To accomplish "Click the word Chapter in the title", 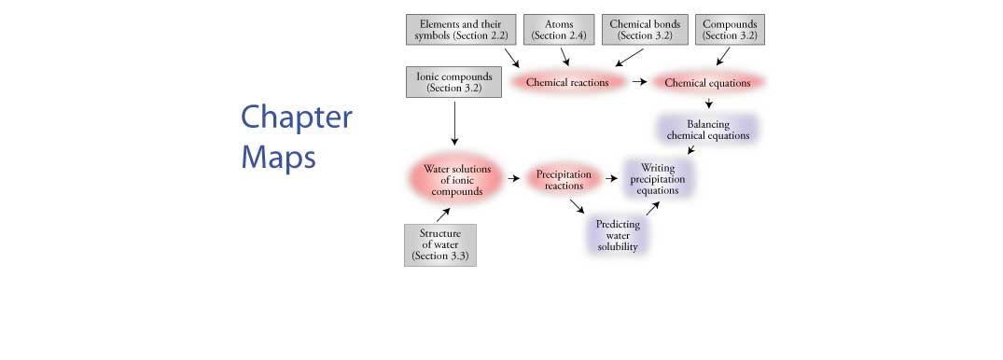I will [x=297, y=119].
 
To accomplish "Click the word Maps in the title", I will [x=279, y=157].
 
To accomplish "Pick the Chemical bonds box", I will [x=646, y=29].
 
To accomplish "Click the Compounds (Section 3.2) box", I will [x=730, y=29].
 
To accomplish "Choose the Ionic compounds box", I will [x=453, y=82].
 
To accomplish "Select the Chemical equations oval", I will [x=707, y=82].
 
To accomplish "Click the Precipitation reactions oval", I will [x=564, y=179].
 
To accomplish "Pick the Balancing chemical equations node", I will [x=707, y=129].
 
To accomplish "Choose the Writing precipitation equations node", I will [x=658, y=179].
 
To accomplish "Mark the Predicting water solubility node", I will [x=618, y=234].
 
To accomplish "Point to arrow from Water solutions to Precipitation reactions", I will [x=513, y=176].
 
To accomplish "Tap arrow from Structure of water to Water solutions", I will [x=446, y=212].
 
